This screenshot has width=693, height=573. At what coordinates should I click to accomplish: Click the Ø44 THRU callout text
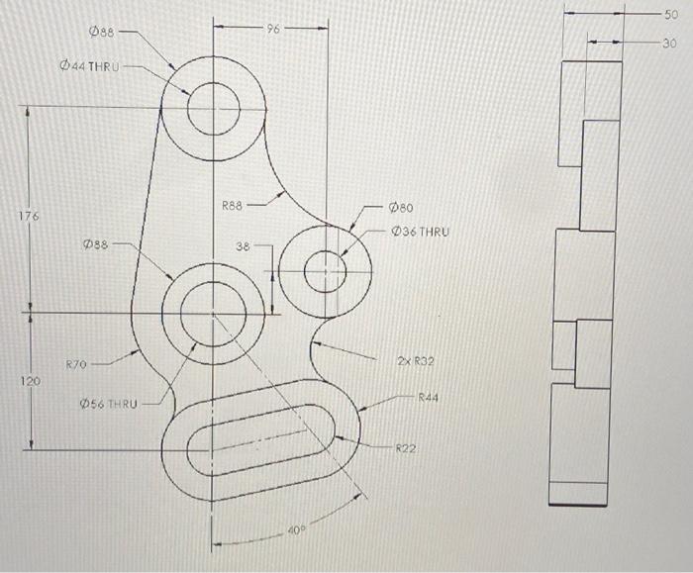(88, 66)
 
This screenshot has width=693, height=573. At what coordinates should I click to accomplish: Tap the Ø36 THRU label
(420, 232)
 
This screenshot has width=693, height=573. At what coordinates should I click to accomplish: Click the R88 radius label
(233, 206)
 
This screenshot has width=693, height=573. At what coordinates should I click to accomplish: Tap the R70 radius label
(77, 365)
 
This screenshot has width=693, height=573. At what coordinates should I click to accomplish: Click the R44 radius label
(428, 396)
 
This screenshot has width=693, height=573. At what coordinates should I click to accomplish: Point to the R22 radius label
(406, 448)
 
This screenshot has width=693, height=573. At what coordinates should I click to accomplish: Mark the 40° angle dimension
(294, 531)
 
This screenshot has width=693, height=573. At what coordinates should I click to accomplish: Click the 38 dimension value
(244, 245)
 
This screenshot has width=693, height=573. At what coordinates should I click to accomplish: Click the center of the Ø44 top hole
(212, 107)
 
